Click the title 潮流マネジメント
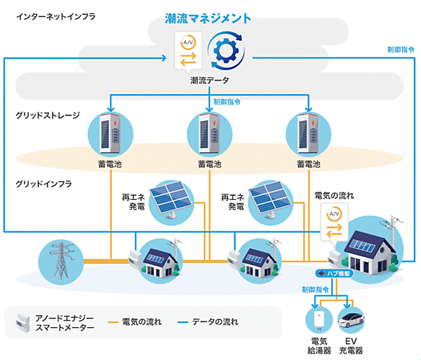click(x=211, y=18)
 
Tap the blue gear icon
click(x=226, y=53)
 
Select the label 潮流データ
click(x=211, y=81)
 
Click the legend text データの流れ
click(x=215, y=322)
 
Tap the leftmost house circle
click(x=161, y=258)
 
